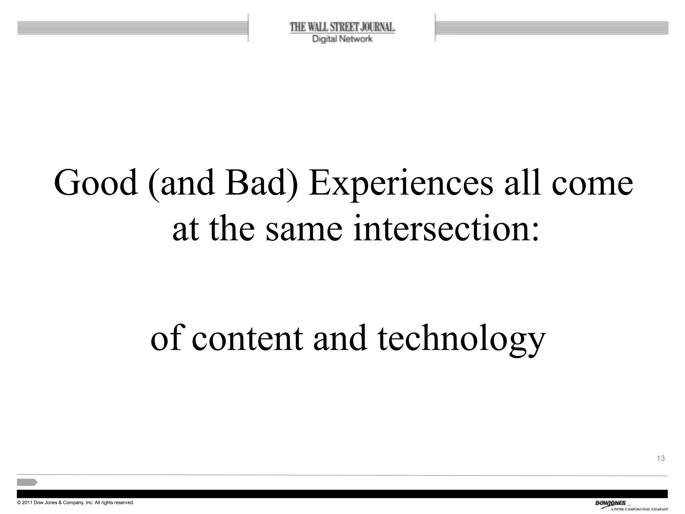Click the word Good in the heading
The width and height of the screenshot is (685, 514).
(x=96, y=183)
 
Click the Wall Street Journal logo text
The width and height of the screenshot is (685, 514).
(x=342, y=27)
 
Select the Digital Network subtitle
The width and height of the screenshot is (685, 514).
(x=342, y=39)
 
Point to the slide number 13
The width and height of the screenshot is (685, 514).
(x=661, y=458)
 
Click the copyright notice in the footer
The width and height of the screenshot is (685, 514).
(x=76, y=503)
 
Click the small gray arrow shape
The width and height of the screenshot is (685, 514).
(x=27, y=482)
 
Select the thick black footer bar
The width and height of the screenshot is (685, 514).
(x=342, y=494)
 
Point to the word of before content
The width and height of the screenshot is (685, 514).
(x=166, y=339)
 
